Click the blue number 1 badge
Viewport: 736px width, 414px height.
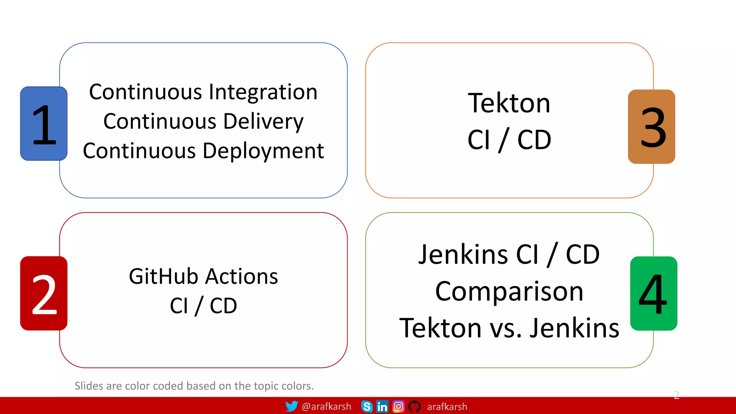pyautogui.click(x=44, y=124)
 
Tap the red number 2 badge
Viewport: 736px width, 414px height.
pyautogui.click(x=44, y=293)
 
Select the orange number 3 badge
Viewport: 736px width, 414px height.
pyautogui.click(x=652, y=126)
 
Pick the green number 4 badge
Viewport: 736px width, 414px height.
pyautogui.click(x=654, y=293)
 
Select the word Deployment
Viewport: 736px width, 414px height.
pyautogui.click(x=263, y=151)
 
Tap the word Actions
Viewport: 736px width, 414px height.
pyautogui.click(x=242, y=277)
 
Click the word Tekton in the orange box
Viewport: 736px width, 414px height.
pyautogui.click(x=509, y=103)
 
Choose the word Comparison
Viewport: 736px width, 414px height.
pyautogui.click(x=509, y=291)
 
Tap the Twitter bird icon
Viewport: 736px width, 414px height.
pyautogui.click(x=291, y=406)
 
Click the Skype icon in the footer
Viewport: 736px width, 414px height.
pyautogui.click(x=367, y=406)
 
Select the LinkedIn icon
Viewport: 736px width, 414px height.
pyautogui.click(x=382, y=406)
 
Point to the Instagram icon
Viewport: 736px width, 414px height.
pyautogui.click(x=398, y=406)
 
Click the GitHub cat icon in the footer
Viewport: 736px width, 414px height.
pyautogui.click(x=414, y=406)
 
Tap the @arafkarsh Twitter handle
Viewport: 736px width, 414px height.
pyautogui.click(x=326, y=406)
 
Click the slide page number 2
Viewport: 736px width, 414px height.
pyautogui.click(x=676, y=395)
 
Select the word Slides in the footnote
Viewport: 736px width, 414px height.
pyautogui.click(x=89, y=386)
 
